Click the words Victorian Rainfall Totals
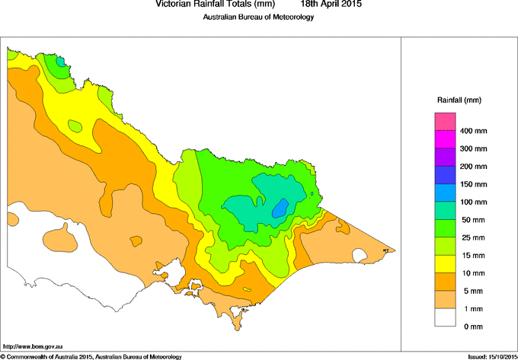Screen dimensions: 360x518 [x=205, y=4]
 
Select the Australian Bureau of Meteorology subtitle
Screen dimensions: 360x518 [x=258, y=18]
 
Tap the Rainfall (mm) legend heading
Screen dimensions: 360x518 [x=459, y=100]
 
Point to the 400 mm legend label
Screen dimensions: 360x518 [x=472, y=131]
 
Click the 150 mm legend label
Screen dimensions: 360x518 [x=472, y=184]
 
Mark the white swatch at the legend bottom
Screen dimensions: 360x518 [x=445, y=317]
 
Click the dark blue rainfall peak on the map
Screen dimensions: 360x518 [x=281, y=207]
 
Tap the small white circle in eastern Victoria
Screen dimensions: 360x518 [x=359, y=254]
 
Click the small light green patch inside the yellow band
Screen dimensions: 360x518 [x=75, y=126]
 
